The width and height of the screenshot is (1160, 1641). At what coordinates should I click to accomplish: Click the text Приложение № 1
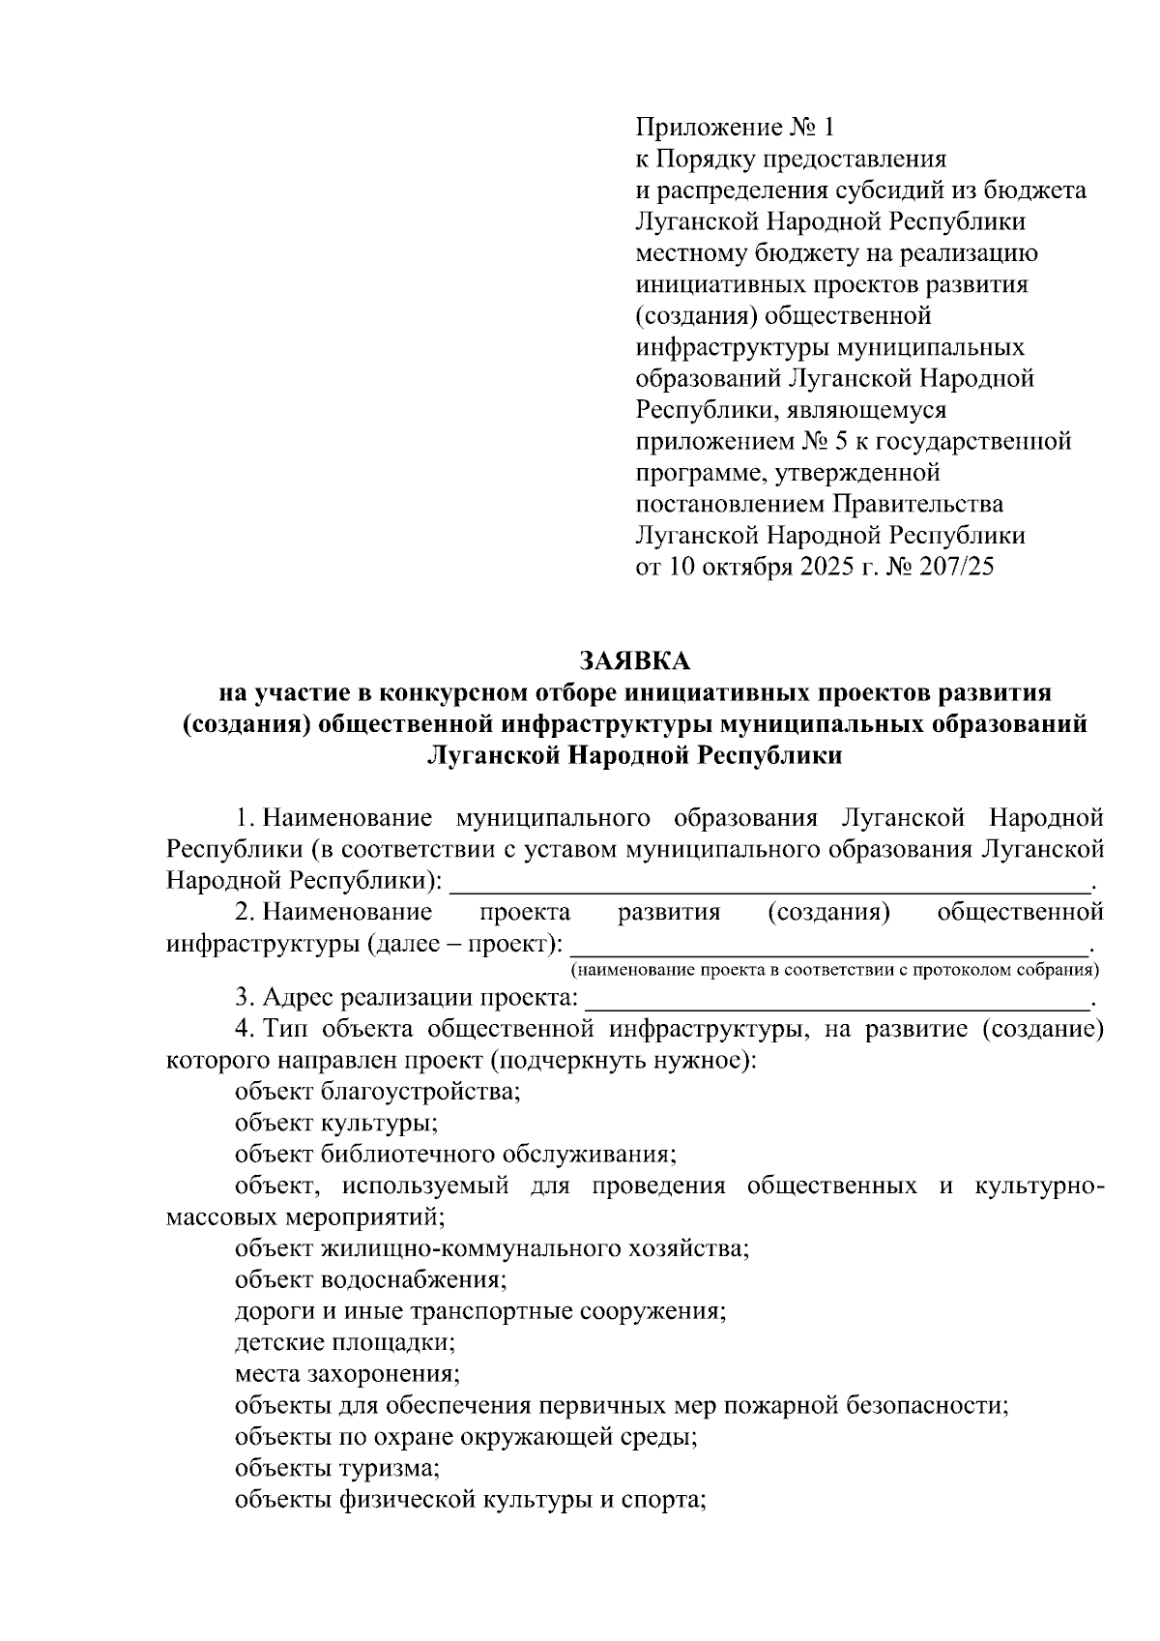point(734,127)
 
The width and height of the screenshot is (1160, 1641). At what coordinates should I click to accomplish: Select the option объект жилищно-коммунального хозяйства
point(492,1248)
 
